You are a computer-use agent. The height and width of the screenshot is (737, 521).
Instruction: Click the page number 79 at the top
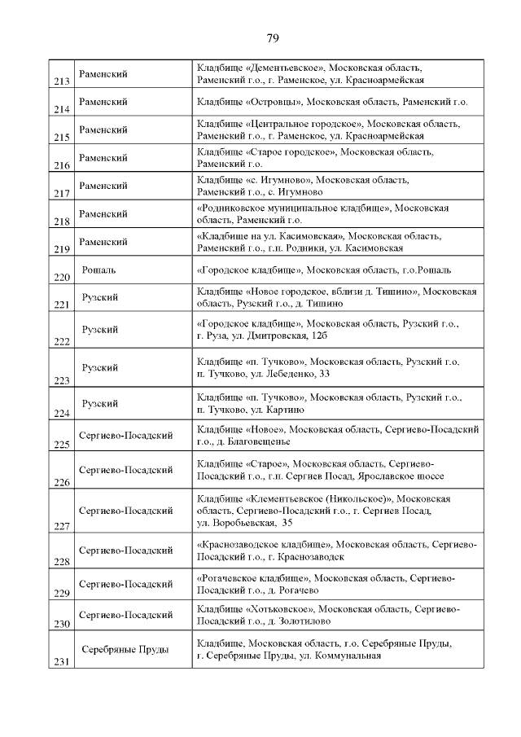pos(273,37)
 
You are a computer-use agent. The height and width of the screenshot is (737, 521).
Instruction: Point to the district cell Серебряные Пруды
pos(125,649)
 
